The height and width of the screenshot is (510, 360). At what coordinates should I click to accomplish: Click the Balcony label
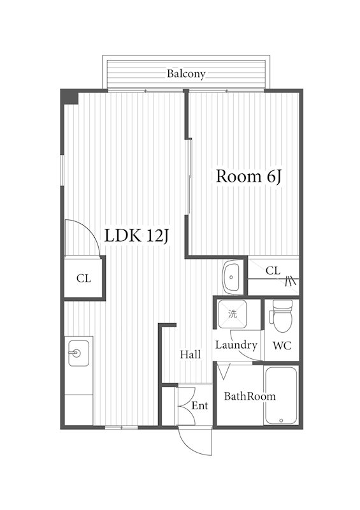tap(186, 74)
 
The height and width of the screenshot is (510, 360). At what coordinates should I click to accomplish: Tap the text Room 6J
tap(248, 177)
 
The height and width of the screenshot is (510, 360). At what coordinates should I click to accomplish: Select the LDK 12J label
tap(136, 235)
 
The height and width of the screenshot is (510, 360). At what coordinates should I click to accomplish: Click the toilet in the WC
tap(282, 316)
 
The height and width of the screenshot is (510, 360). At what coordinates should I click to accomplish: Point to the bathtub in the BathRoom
tap(280, 395)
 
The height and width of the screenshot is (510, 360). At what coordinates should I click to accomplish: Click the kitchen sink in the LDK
tap(78, 353)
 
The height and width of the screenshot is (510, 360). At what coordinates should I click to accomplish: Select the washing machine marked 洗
tap(232, 314)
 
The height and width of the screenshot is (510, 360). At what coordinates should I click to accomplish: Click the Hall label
tap(191, 354)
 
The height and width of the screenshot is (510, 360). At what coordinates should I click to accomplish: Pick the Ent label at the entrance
tap(199, 405)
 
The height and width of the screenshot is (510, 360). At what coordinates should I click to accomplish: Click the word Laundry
tap(236, 346)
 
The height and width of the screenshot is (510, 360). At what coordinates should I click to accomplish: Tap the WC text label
tap(282, 346)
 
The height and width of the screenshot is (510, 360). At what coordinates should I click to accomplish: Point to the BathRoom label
tap(250, 396)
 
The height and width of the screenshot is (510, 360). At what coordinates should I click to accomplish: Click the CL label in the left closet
tap(83, 279)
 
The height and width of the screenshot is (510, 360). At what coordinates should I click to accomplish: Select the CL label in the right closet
tap(273, 270)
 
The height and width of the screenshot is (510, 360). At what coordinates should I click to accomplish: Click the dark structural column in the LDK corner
tap(70, 97)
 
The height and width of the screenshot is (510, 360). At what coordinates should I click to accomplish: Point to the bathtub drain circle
tap(281, 421)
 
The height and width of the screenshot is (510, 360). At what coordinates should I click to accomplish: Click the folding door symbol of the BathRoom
tap(224, 372)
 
